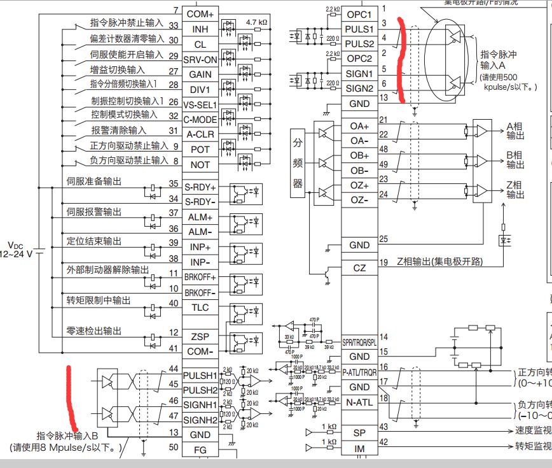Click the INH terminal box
tap(200, 29)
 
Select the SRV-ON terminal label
tap(200, 59)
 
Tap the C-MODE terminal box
tap(200, 120)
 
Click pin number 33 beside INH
tap(173, 25)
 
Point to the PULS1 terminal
tap(359, 29)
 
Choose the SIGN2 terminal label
tap(359, 89)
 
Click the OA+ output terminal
tap(359, 126)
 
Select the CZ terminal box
tap(359, 268)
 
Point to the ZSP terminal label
tap(200, 337)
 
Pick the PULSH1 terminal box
tap(200, 375)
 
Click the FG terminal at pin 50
tap(200, 449)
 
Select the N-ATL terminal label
tap(359, 402)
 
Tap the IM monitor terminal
tap(359, 448)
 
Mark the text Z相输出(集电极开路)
tap(439, 262)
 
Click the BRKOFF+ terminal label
tap(200, 278)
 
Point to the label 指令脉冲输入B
tap(67, 436)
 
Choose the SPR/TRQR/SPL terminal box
tap(359, 342)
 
